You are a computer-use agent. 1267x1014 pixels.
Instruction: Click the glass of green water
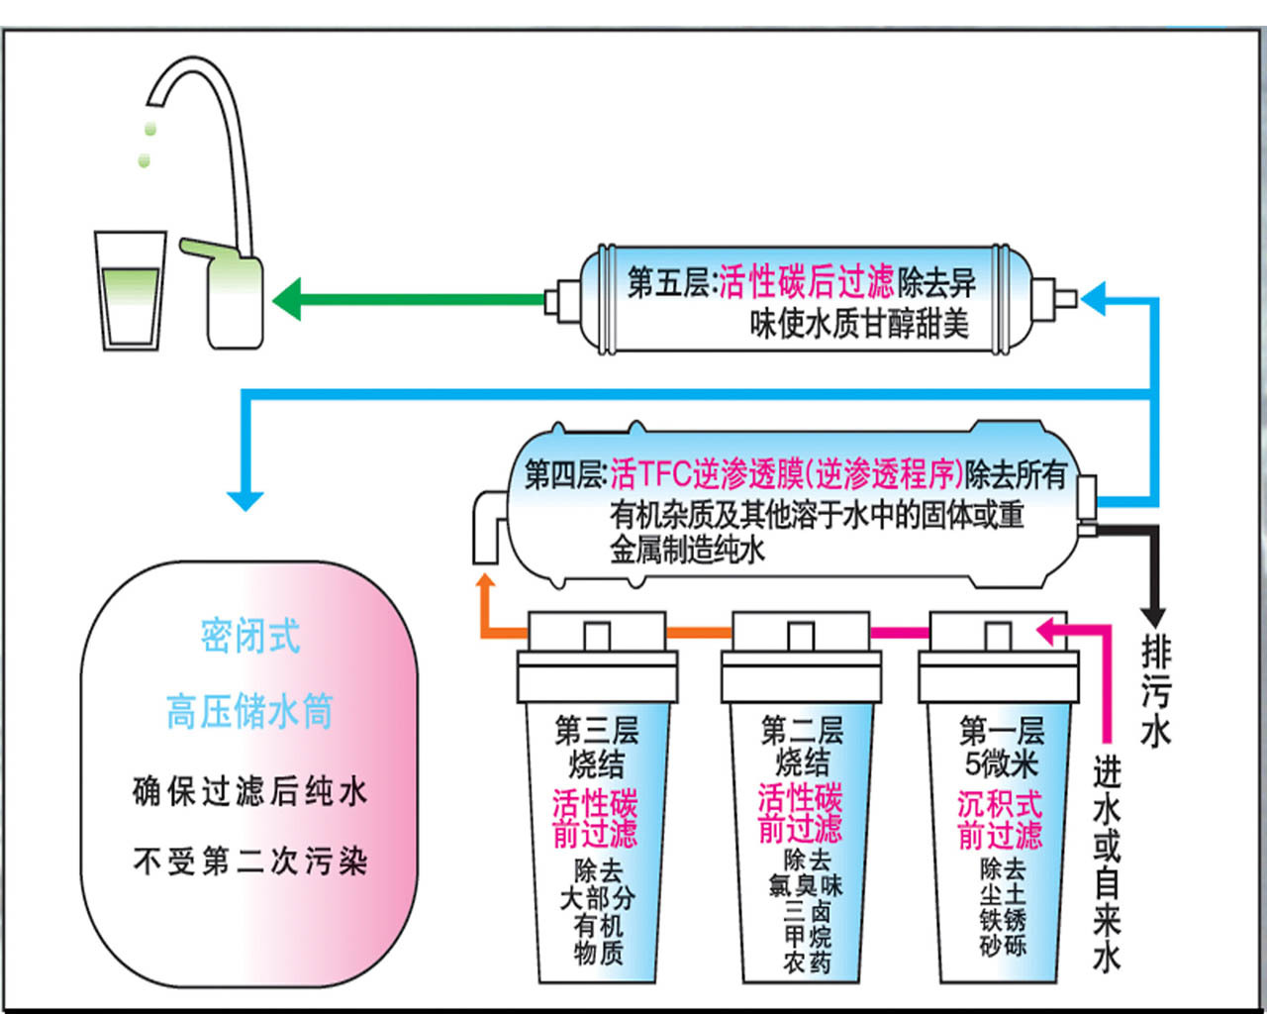pos(130,292)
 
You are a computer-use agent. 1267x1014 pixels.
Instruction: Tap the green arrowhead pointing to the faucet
pos(288,299)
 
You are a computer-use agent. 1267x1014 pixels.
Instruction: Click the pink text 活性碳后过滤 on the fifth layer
pos(806,282)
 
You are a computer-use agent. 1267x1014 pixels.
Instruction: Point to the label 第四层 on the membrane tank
pos(564,474)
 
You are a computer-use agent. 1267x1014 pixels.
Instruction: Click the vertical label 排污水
pos(1155,691)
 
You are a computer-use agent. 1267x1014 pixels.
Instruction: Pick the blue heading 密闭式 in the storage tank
pos(249,637)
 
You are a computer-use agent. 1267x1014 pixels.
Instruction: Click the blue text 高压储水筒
pos(249,711)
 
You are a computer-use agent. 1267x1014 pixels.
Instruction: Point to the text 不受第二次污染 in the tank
pos(249,861)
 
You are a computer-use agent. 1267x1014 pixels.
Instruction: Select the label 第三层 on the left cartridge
pos(597,731)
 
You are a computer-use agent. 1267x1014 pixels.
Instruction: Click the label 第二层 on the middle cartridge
pos(802,731)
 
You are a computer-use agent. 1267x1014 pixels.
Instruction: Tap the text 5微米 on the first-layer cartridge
pos(1001,763)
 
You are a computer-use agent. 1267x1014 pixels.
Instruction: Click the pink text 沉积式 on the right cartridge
pos(1000,803)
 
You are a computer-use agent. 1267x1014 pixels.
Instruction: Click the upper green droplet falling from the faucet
pos(150,128)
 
